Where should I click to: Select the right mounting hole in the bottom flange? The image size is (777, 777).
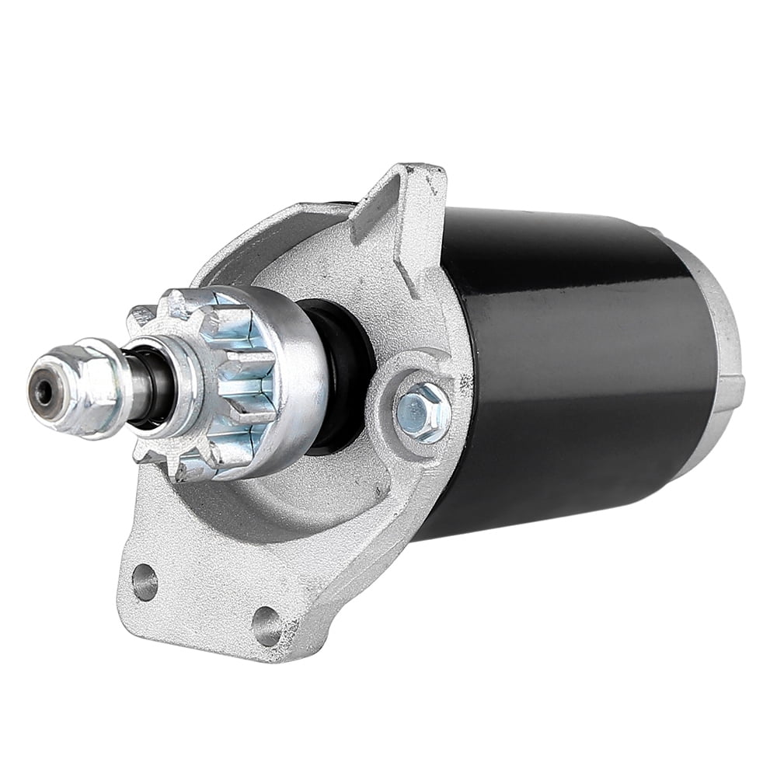[267, 625]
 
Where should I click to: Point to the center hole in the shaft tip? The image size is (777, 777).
[44, 391]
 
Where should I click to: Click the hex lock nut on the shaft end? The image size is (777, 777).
[78, 382]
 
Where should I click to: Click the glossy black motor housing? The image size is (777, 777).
[567, 365]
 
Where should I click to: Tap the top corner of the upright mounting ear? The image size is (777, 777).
[427, 169]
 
